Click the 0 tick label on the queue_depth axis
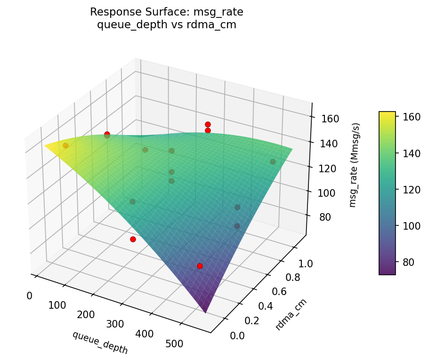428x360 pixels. click(x=29, y=296)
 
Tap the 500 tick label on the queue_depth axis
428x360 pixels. click(x=174, y=344)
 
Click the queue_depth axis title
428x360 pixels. click(x=100, y=342)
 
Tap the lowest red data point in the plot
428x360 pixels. click(x=200, y=266)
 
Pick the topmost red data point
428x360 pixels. click(x=208, y=124)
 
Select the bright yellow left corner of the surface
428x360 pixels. click(x=46, y=145)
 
